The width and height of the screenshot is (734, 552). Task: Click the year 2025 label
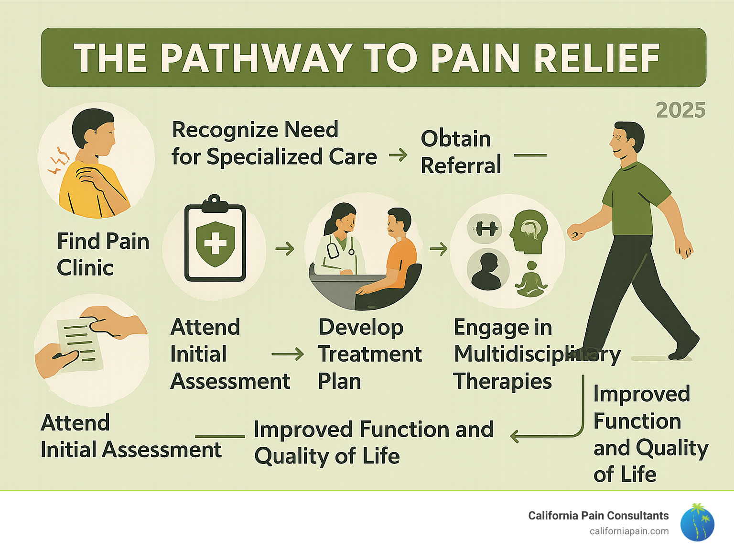click(680, 110)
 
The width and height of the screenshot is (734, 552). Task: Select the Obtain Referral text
click(461, 152)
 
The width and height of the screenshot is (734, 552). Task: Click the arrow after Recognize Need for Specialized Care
click(398, 155)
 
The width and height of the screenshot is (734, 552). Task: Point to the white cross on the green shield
click(215, 243)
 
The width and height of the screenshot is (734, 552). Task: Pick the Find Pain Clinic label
click(103, 254)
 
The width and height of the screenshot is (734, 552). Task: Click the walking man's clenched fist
click(575, 232)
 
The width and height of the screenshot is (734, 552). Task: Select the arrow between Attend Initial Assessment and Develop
click(288, 354)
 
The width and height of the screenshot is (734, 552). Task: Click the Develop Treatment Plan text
click(369, 354)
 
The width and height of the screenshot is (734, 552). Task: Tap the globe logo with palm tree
click(697, 523)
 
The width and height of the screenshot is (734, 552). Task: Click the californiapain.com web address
click(629, 531)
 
